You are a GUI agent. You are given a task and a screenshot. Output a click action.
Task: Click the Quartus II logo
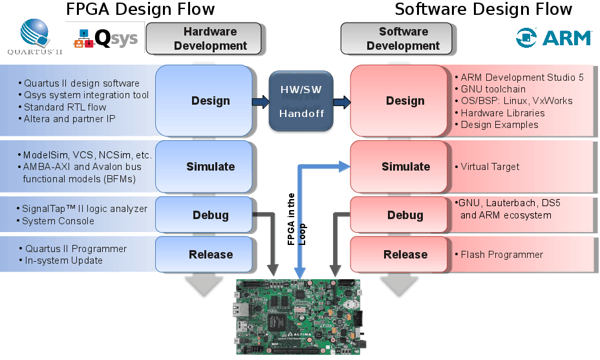click(36, 37)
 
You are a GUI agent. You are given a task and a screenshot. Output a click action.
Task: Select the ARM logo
click(553, 37)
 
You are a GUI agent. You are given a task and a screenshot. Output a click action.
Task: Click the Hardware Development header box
click(204, 39)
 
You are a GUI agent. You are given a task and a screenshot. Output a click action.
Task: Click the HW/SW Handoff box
click(301, 101)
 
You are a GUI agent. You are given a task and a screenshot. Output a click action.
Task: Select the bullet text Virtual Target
click(490, 167)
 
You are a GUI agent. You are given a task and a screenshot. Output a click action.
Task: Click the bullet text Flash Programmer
click(502, 255)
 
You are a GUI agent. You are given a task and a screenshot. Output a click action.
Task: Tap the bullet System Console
click(58, 221)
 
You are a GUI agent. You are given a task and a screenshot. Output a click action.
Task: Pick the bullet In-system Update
click(63, 260)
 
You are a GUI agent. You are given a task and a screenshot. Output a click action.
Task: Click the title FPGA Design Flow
click(140, 9)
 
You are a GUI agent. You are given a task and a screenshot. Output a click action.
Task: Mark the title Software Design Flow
click(483, 9)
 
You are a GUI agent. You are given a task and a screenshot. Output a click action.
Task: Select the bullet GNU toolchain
click(493, 89)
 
